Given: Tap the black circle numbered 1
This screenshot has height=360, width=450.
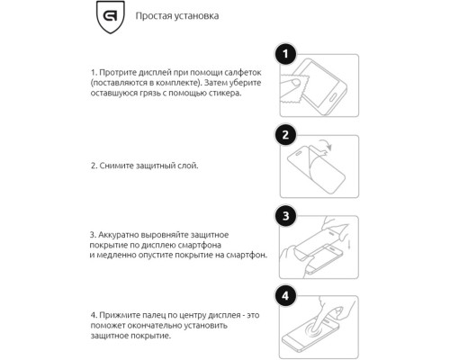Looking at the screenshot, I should [x=285, y=56].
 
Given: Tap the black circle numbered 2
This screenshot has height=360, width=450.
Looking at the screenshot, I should [x=285, y=137].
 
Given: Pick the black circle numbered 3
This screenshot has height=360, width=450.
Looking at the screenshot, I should [x=285, y=216].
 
